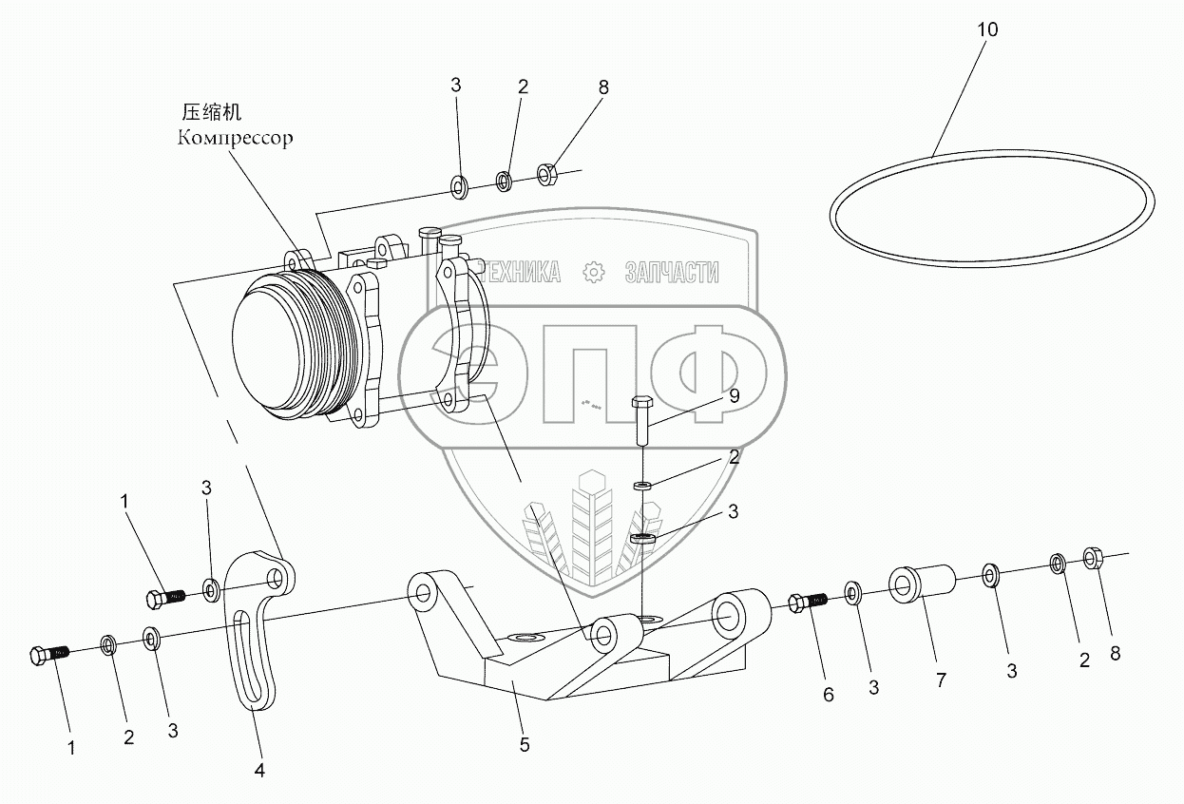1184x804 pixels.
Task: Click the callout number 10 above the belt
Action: click(x=987, y=29)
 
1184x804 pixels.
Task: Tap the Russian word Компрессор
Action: click(x=235, y=138)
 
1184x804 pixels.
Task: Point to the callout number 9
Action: click(x=734, y=397)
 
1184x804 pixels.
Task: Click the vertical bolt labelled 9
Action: click(x=641, y=418)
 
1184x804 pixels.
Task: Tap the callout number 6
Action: click(x=828, y=696)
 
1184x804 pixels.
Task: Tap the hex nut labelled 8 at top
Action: click(x=546, y=174)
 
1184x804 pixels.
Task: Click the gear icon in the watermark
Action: click(x=595, y=273)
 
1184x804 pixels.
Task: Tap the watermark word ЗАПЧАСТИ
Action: click(x=671, y=273)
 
